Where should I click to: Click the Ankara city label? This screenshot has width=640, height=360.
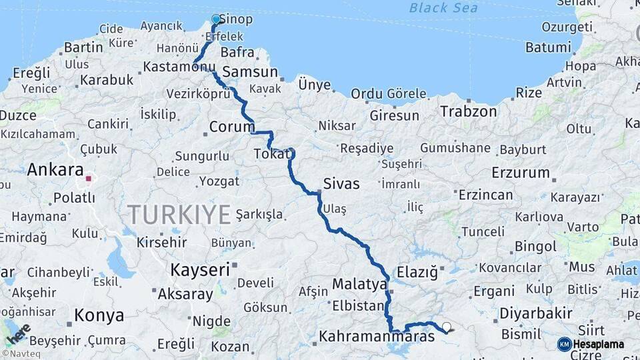55,170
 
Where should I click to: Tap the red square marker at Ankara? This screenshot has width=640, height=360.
88,179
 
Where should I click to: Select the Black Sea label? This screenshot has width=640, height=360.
443,8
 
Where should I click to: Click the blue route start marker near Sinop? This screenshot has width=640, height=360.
216,19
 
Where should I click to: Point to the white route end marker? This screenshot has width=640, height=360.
447,327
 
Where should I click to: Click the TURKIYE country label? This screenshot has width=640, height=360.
179,215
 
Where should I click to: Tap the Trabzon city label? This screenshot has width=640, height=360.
468,111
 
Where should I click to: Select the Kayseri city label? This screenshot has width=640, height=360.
200,270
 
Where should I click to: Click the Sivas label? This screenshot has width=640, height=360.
341,184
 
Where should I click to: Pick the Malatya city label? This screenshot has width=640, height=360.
359,285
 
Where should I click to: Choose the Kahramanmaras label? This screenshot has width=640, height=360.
377,337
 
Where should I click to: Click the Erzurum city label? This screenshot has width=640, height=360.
521,173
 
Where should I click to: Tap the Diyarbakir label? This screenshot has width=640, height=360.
536,313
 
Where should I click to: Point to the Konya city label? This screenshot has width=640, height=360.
99,315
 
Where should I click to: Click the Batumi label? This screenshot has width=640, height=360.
549,47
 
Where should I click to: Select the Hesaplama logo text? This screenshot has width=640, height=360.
598,344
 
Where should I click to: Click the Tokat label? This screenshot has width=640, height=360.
271,154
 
